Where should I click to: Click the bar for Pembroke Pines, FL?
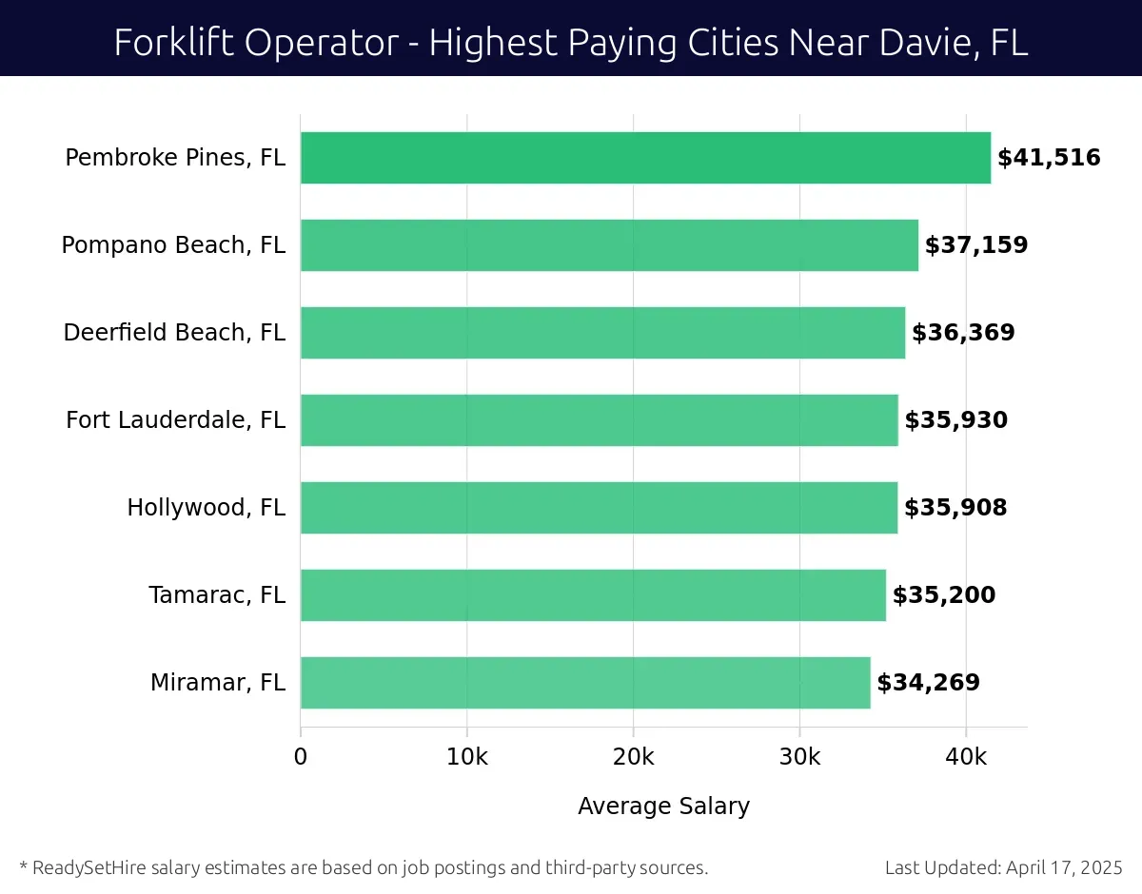[x=645, y=158]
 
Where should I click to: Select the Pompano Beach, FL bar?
[x=609, y=245]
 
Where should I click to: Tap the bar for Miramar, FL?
[x=585, y=683]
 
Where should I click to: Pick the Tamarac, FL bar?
[x=593, y=595]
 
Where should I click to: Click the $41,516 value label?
[x=1049, y=158]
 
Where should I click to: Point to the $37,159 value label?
[x=976, y=245]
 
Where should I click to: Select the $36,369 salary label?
[x=963, y=333]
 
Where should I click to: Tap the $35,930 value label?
[x=955, y=420]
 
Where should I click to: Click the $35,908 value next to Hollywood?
[x=955, y=508]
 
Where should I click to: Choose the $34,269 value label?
[x=928, y=683]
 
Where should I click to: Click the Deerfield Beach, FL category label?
[x=174, y=333]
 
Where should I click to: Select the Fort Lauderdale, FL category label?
[x=175, y=420]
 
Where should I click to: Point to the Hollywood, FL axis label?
[x=207, y=508]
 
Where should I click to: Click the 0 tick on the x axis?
[x=301, y=757]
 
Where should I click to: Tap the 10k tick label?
[x=466, y=757]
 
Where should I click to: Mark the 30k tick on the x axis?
[x=799, y=757]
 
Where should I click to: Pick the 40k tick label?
[x=966, y=757]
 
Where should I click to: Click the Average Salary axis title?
[x=663, y=807]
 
